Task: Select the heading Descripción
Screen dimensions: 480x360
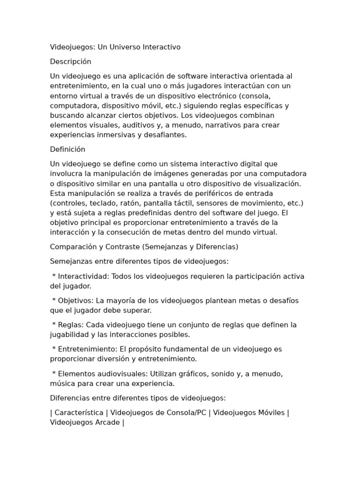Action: point(71,61)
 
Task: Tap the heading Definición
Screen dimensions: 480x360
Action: point(68,149)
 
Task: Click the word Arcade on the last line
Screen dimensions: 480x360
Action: point(106,422)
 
